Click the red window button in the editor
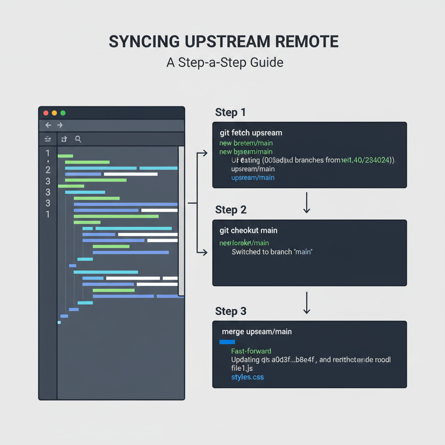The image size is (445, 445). click(x=46, y=113)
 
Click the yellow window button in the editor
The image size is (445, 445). click(x=54, y=113)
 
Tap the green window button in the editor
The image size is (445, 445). click(x=63, y=113)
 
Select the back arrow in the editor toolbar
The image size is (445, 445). click(x=48, y=125)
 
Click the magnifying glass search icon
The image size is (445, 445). click(x=78, y=139)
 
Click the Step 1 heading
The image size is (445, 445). click(x=230, y=113)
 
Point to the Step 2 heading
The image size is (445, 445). click(x=231, y=210)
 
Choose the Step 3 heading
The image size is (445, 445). click(x=231, y=311)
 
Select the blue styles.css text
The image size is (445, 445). click(x=247, y=377)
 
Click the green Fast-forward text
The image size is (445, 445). click(x=251, y=351)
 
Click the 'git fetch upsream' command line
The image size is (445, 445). click(x=251, y=133)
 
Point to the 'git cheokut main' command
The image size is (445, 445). click(x=248, y=230)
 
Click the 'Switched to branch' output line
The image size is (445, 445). click(x=272, y=252)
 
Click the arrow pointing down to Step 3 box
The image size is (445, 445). click(x=307, y=302)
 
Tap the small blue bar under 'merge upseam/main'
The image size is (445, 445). click(x=227, y=342)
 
